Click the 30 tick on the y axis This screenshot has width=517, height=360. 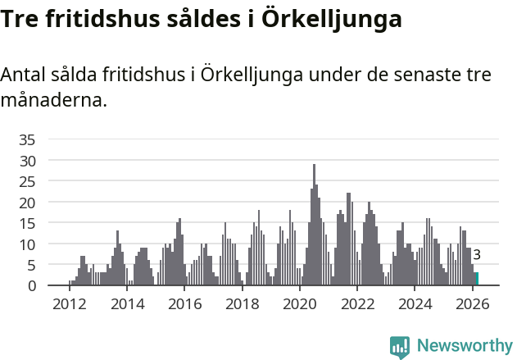click(x=27, y=161)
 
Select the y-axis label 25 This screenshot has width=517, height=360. click(x=27, y=181)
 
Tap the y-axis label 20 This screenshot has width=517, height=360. click(x=27, y=203)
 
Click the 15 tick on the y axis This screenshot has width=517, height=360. click(x=27, y=223)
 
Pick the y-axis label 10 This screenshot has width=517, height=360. click(x=27, y=244)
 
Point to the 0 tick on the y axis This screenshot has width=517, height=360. click(x=31, y=285)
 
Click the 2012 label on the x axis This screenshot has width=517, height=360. click(x=69, y=303)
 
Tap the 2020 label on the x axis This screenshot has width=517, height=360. click(x=299, y=303)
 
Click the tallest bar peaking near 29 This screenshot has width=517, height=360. click(x=314, y=226)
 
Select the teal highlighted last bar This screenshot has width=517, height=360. click(x=477, y=279)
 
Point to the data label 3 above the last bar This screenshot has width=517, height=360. click(x=477, y=255)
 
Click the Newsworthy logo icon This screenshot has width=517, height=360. click(x=400, y=347)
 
